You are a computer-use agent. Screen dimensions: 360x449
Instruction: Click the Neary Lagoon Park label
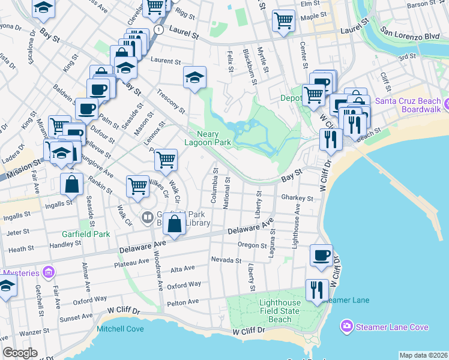click(214, 139)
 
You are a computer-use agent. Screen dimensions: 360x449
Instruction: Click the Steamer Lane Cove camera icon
click(346, 327)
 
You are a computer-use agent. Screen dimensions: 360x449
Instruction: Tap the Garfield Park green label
click(85, 234)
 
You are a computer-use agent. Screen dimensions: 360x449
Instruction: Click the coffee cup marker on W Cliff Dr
click(321, 255)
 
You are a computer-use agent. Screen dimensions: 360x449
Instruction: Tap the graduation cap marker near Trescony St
click(194, 77)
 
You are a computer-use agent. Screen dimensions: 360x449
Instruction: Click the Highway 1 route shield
click(158, 29)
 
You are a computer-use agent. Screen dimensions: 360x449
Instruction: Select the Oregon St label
click(252, 245)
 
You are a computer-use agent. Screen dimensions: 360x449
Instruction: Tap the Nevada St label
click(226, 260)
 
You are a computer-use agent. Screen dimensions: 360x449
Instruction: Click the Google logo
click(19, 353)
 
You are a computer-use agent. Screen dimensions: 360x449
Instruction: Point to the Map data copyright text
click(423, 355)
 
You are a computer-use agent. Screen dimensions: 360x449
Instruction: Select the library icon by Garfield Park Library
click(146, 217)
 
